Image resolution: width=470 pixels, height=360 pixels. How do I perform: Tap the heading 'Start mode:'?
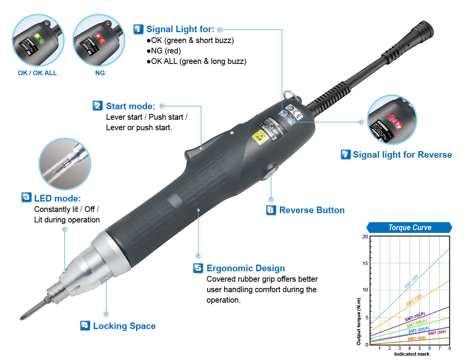click(131, 106)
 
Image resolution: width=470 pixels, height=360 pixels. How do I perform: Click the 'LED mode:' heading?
click(57, 198)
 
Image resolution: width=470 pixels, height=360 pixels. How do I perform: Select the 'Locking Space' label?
click(124, 326)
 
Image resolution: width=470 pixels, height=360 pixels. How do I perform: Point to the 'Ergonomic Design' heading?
click(245, 268)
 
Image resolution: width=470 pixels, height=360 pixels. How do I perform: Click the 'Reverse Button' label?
click(312, 210)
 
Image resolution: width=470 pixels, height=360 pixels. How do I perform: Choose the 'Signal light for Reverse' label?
click(402, 155)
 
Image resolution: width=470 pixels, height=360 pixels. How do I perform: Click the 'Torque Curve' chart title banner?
click(410, 227)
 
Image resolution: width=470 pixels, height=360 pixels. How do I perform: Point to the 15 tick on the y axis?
click(365, 264)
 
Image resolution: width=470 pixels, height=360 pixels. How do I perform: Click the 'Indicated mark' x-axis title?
click(411, 354)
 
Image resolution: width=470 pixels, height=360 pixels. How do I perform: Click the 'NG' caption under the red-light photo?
click(100, 73)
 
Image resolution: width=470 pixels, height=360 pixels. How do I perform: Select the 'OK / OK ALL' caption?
click(37, 73)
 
